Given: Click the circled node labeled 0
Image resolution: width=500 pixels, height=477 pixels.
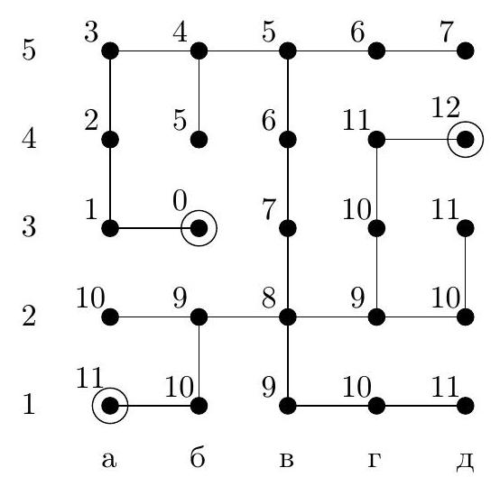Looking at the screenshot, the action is coord(199,228).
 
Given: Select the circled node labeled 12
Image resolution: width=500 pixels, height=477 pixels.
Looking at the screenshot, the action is coord(465,140).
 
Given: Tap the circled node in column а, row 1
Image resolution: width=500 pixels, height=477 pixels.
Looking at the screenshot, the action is coord(110,406).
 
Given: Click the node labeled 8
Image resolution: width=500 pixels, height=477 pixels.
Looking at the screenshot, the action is coord(288,317).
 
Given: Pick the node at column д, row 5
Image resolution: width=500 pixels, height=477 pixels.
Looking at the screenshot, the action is coord(465,51).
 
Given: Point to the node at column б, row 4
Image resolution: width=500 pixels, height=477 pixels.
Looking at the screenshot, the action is coord(199,140).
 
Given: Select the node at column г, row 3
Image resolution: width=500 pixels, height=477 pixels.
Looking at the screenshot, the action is coord(376,228).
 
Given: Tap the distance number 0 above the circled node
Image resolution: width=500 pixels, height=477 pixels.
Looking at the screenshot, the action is coord(180,201).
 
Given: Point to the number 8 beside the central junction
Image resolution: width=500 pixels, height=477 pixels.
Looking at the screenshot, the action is coord(268,298).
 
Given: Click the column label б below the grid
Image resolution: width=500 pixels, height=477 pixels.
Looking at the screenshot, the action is coord(198,458).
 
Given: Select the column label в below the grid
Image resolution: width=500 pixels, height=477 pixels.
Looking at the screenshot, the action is coord(286,461).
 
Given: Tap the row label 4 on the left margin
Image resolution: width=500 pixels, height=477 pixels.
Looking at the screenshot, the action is coord(29,139).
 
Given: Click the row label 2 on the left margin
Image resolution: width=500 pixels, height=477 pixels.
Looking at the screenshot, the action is coord(29,316).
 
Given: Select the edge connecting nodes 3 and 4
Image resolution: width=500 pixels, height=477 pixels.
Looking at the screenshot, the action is coord(154,51).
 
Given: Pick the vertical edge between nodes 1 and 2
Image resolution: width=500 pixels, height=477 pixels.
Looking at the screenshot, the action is coord(110,184).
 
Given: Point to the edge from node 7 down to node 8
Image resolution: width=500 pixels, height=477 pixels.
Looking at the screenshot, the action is coord(288,272).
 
